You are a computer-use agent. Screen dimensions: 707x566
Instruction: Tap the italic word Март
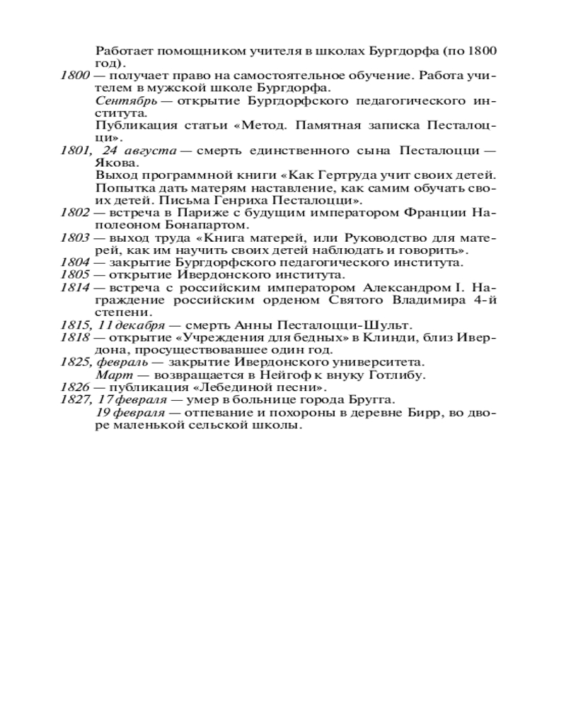click(110, 375)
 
